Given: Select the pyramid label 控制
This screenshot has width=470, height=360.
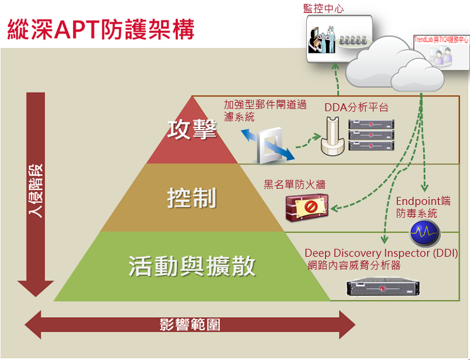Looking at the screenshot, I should point(192,198).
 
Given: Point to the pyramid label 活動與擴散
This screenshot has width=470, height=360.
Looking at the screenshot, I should point(192,266).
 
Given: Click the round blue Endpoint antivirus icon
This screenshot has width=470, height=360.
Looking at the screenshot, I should point(425,234).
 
